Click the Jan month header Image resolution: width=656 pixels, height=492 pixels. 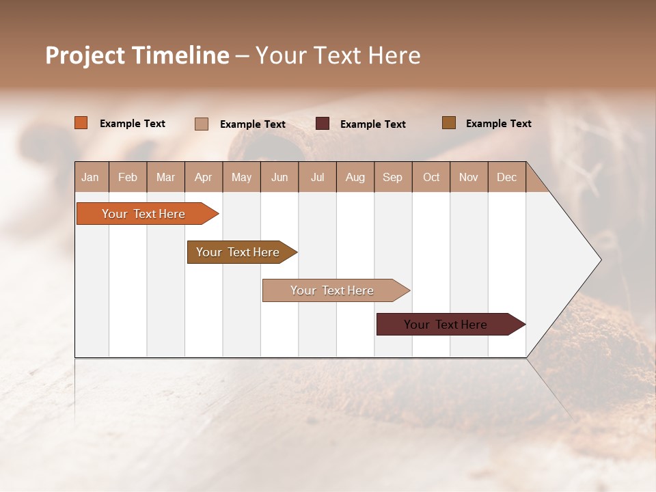click(x=91, y=177)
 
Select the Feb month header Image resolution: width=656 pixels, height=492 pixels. click(x=128, y=177)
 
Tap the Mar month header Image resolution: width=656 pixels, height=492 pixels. click(x=165, y=177)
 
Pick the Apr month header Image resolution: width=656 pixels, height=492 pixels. click(x=204, y=177)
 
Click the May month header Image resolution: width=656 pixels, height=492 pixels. click(x=241, y=177)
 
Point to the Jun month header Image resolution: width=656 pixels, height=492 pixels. click(x=279, y=177)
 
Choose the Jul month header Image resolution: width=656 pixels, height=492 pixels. click(x=317, y=177)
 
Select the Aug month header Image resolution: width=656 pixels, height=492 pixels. click(x=355, y=177)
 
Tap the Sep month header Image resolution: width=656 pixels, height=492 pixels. click(x=393, y=177)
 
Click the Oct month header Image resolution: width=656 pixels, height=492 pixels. click(x=431, y=177)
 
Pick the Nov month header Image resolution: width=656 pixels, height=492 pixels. click(x=469, y=177)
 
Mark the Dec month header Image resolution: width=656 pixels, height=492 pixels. click(x=506, y=177)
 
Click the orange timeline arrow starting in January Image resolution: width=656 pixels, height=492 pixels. click(x=144, y=214)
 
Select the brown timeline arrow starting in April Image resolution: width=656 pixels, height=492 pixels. click(x=238, y=252)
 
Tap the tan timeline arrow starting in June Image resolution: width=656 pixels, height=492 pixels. click(x=333, y=290)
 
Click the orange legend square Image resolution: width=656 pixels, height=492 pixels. click(x=81, y=123)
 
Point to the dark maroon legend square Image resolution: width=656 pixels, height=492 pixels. click(x=323, y=124)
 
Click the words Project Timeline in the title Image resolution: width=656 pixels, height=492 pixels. click(x=137, y=55)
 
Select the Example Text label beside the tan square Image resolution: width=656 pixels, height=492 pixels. click(x=253, y=124)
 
